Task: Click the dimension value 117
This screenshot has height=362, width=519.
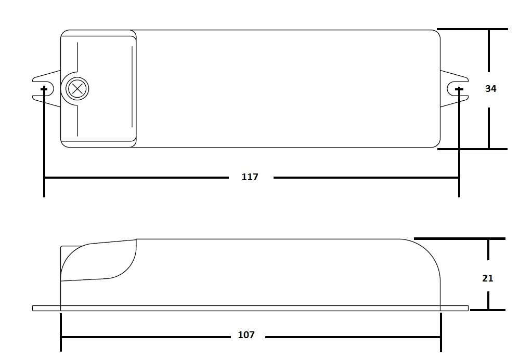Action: pos(250,177)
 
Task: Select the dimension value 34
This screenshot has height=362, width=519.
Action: pos(490,89)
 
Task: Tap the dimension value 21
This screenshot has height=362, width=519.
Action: pos(488,278)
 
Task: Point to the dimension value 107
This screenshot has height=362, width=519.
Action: pos(246,335)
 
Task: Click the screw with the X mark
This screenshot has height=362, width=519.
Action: pos(77,89)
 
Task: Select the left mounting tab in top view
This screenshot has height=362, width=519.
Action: pos(46,89)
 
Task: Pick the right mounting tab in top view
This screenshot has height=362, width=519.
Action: pos(454,89)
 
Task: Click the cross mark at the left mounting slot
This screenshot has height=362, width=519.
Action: pos(44,89)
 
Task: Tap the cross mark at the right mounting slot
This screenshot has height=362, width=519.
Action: pos(459,89)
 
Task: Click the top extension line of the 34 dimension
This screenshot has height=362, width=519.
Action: pos(472,29)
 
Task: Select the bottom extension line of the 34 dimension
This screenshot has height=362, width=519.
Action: pos(472,149)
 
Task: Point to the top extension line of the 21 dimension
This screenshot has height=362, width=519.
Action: pos(460,238)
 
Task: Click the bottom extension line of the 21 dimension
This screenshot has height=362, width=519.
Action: pos(488,310)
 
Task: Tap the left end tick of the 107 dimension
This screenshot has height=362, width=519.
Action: pos(60,332)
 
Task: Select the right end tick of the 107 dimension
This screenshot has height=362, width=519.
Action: pos(441,332)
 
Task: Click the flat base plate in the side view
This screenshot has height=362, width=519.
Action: pos(250,309)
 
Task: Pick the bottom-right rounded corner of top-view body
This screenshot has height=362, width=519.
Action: pos(437,144)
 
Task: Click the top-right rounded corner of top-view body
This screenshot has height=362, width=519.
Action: pos(437,33)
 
